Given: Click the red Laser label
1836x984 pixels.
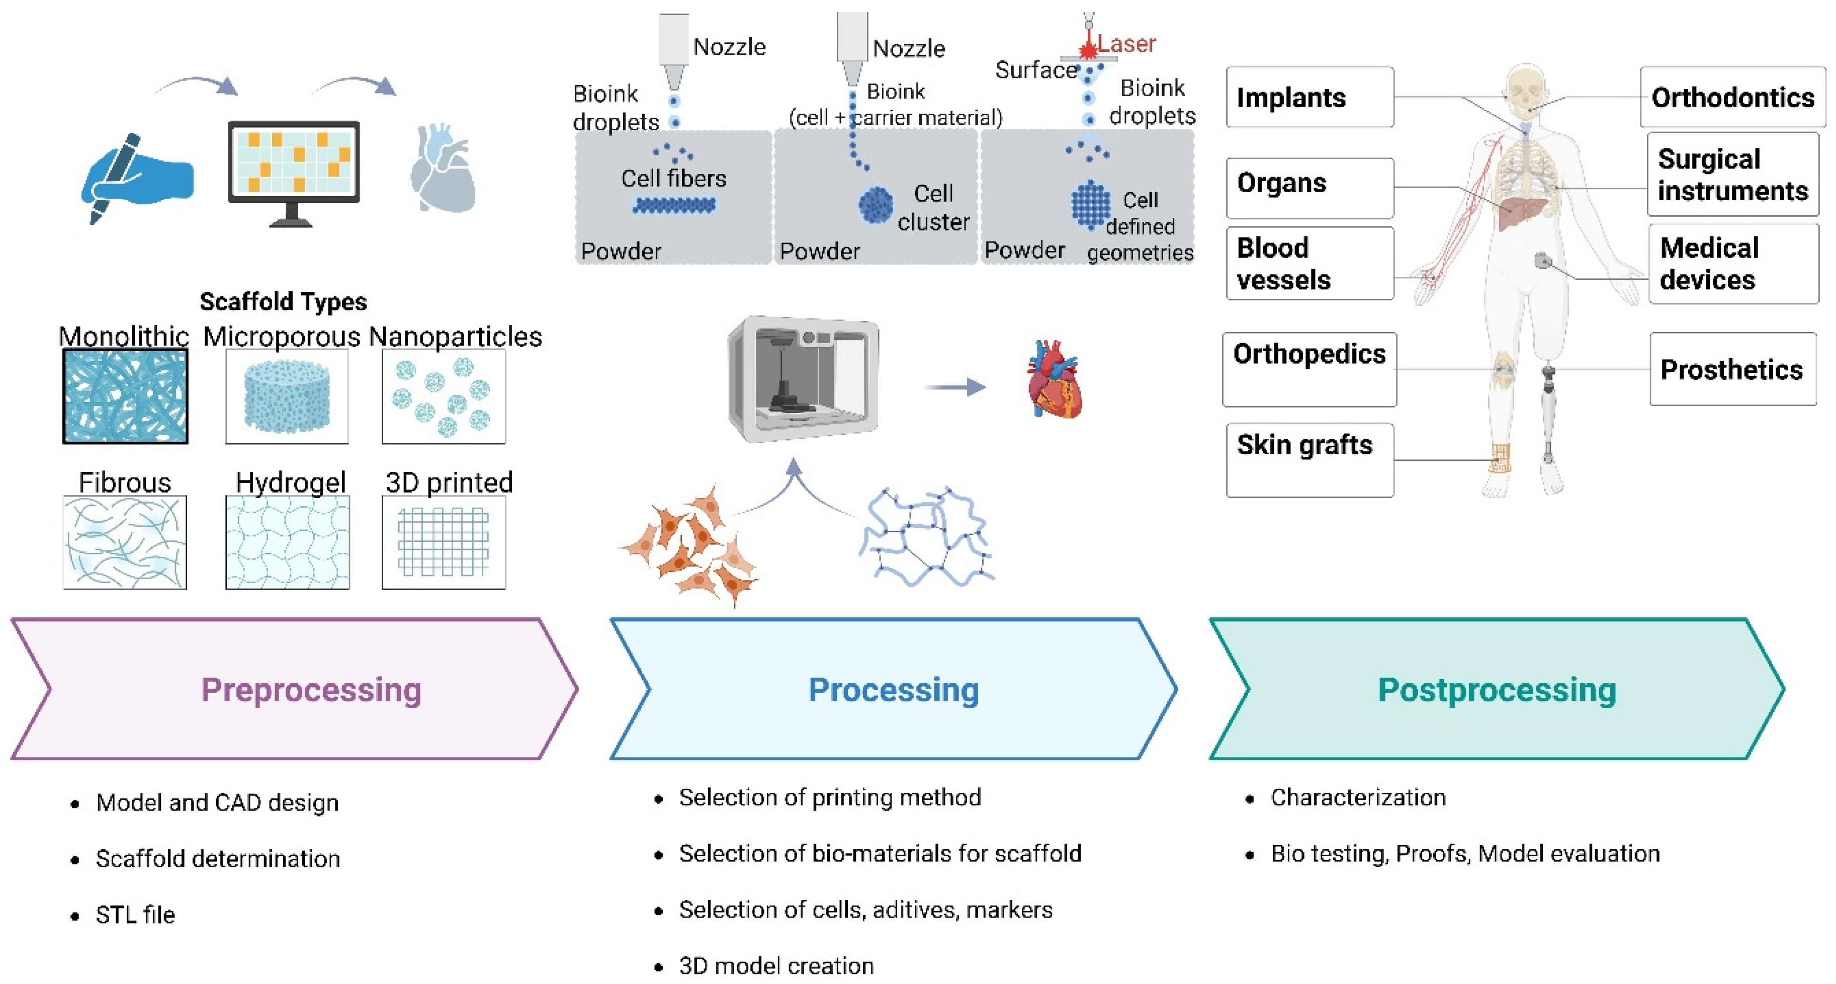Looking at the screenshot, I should coord(1125,44).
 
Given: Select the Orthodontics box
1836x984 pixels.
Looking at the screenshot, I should coord(1732,97).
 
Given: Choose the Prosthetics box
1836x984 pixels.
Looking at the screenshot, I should coord(1732,369).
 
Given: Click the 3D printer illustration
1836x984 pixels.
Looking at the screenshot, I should coord(803,379).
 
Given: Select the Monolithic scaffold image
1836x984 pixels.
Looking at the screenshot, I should coord(125,396).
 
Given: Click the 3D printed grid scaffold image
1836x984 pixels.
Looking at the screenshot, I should coord(444,542).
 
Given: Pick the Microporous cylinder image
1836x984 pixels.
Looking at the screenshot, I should coord(287,396).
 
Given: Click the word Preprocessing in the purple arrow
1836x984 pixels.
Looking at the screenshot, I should coord(311,690).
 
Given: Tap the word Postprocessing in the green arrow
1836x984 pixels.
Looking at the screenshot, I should coord(1496,690).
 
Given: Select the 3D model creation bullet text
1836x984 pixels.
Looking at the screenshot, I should coord(775,965).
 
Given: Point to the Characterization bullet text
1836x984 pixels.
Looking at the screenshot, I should coord(1357,797).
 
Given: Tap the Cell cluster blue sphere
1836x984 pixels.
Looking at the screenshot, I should coord(875,205).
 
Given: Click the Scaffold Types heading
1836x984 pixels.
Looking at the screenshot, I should coord(283,302).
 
